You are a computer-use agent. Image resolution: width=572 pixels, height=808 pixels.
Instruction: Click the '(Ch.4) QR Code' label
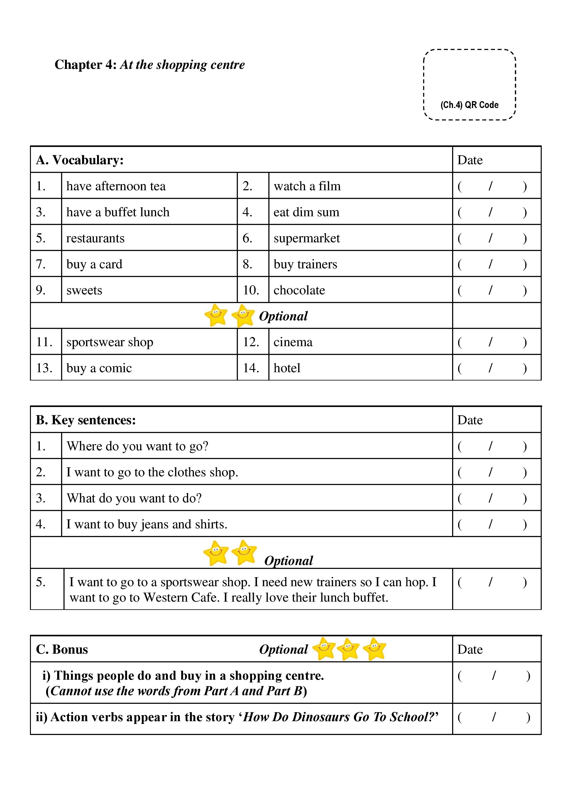(x=469, y=105)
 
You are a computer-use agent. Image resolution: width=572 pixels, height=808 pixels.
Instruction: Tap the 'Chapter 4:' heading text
(x=85, y=65)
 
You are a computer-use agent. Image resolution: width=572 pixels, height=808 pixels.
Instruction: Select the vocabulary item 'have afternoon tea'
(x=116, y=186)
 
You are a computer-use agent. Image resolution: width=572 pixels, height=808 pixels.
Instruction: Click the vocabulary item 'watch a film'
(x=307, y=186)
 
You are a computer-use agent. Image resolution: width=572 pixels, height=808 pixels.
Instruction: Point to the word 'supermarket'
(x=306, y=238)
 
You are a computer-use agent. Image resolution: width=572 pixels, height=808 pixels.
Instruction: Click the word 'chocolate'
(x=299, y=290)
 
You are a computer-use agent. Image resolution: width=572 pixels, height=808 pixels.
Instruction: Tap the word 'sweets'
(x=84, y=290)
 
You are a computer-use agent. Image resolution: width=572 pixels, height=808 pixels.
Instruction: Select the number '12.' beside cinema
(x=251, y=342)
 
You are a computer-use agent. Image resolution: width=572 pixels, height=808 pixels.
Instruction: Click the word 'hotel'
(x=287, y=368)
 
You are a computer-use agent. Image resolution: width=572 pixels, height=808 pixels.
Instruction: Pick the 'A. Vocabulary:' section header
(x=80, y=160)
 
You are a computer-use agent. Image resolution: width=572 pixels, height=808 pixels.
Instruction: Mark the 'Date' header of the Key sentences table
(x=470, y=420)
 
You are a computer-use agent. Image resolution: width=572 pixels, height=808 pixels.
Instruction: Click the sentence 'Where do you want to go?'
(x=137, y=446)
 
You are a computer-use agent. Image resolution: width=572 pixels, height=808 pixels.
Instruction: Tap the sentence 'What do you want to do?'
(x=134, y=498)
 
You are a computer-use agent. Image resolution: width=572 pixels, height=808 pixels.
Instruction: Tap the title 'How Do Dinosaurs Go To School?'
(x=341, y=717)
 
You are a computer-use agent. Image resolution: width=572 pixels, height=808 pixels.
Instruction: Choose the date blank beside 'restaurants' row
(x=492, y=238)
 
